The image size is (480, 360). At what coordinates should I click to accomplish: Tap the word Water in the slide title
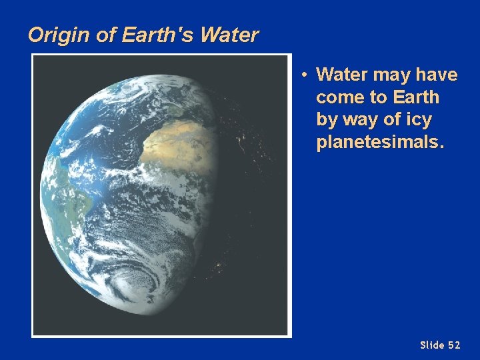pyautogui.click(x=229, y=35)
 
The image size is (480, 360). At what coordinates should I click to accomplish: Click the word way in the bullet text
pyautogui.click(x=361, y=121)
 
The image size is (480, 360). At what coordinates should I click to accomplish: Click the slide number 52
pyautogui.click(x=454, y=345)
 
